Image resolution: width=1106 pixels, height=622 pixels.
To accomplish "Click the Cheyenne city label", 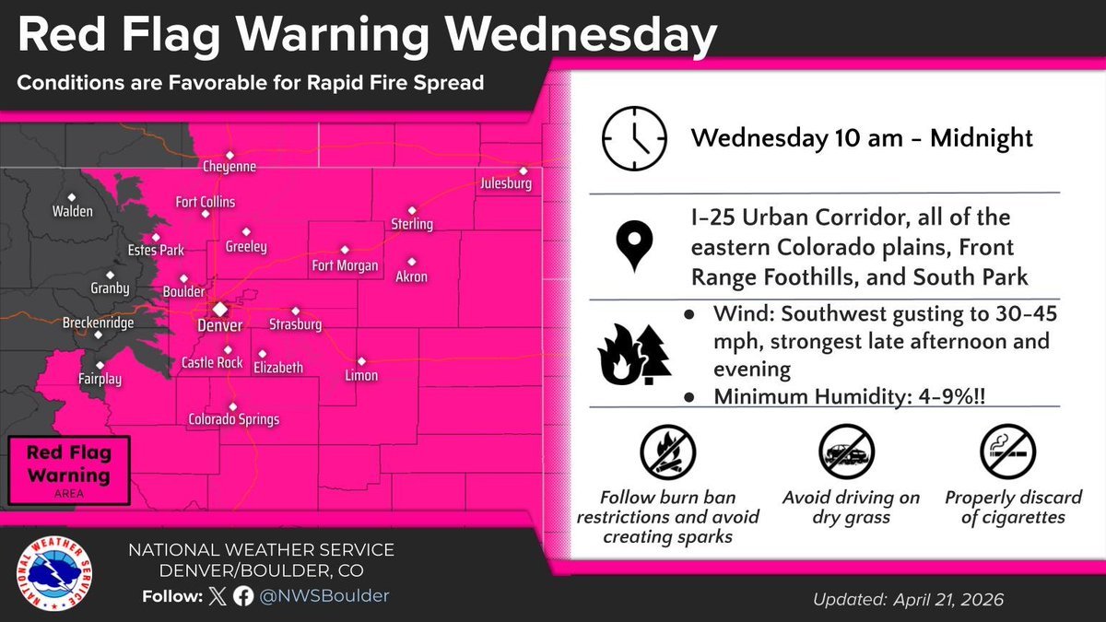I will [229, 167].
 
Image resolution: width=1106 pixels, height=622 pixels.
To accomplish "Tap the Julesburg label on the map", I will [506, 184].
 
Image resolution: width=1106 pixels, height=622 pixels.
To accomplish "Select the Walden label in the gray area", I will [73, 211].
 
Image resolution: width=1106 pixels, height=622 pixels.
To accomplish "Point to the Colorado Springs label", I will [233, 419].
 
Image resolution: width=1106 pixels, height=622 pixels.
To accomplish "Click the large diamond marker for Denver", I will [220, 309].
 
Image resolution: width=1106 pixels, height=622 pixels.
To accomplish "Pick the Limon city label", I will [359, 375].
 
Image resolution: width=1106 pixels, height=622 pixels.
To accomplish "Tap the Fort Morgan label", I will [345, 265].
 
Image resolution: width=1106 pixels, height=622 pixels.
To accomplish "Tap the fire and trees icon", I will [634, 355].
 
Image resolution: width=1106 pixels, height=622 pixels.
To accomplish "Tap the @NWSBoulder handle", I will [324, 596].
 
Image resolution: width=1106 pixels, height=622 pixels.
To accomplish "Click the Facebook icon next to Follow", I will [244, 596].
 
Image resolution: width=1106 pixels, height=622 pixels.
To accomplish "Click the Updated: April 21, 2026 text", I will [908, 600].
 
